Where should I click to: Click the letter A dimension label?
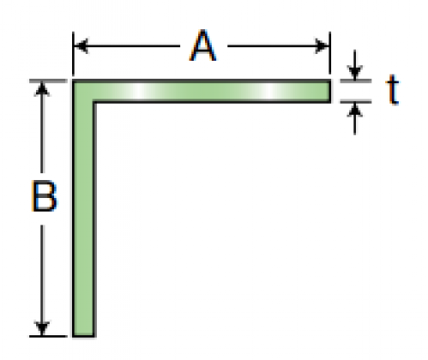[x=202, y=45]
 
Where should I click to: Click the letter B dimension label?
[x=44, y=196]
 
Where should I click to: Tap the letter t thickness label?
[x=392, y=89]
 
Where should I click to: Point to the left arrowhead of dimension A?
[x=81, y=45]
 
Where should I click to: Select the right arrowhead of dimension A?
[x=323, y=45]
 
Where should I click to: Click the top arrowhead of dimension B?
[x=42, y=89]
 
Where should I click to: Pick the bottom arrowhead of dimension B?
[x=42, y=328]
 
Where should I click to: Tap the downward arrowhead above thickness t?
[x=355, y=72]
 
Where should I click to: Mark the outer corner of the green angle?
[x=73, y=81]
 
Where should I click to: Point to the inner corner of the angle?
[x=94, y=101]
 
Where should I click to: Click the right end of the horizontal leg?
[x=330, y=91]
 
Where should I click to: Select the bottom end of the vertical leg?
[x=84, y=336]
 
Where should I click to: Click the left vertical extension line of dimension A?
[x=73, y=54]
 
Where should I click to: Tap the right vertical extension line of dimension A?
[x=330, y=54]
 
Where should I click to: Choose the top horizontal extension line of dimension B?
[x=48, y=81]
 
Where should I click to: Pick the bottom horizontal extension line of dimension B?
[x=48, y=336]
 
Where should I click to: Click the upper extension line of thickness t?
[x=356, y=81]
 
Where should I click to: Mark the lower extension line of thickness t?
[x=356, y=101]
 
